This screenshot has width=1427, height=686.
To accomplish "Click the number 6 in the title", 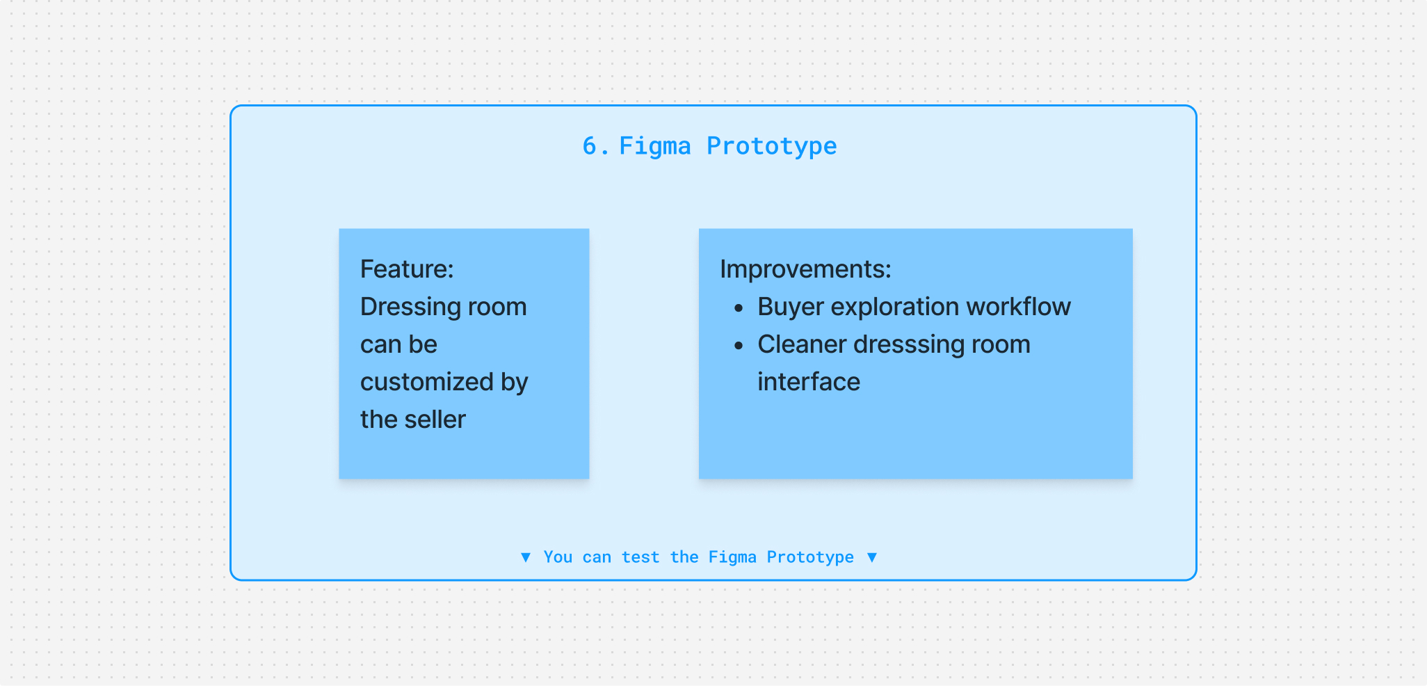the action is point(590,146).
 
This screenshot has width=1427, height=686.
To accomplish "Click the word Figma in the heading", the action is point(655,147).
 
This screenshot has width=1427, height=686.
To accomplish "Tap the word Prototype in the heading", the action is point(772,147).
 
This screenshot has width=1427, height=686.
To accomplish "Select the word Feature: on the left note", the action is point(407,269).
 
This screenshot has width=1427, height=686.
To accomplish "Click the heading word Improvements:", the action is point(805,269).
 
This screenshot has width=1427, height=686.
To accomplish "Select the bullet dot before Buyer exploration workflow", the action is point(739,308).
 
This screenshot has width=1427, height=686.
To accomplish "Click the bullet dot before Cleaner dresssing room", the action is point(739,345).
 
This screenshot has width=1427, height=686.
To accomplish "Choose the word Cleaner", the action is point(802,344).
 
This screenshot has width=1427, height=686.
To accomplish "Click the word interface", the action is point(809,382).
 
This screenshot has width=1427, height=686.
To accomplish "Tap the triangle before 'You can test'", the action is point(526,557).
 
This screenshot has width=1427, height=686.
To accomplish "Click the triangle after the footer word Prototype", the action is point(872,557).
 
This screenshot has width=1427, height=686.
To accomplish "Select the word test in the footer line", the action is point(640,557).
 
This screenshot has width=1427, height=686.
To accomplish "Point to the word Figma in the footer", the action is point(732,557).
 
